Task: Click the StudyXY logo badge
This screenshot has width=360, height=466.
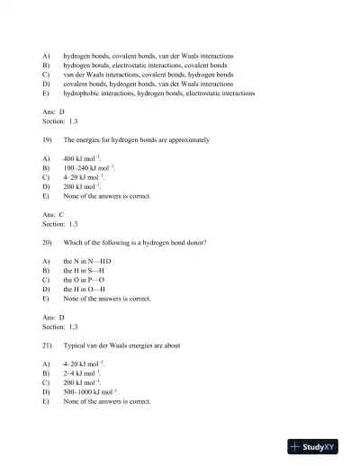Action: [319, 445]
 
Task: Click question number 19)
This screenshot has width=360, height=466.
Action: [48, 140]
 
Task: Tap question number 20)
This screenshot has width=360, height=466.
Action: [48, 242]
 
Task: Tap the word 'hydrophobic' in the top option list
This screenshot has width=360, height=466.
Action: [84, 94]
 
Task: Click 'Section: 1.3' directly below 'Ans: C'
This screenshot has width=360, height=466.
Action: [60, 224]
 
